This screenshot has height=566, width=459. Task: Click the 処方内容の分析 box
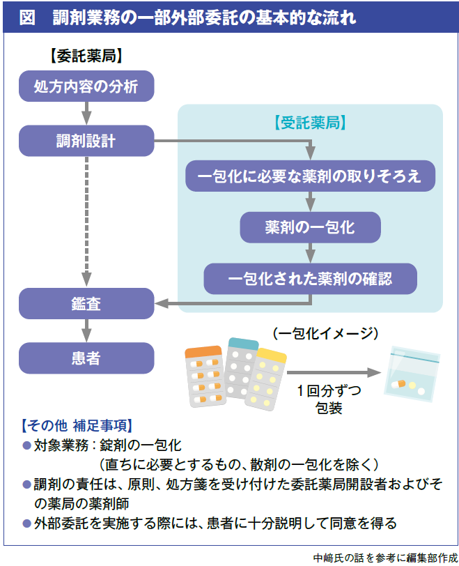(x=86, y=86)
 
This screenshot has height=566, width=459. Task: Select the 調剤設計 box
(x=86, y=141)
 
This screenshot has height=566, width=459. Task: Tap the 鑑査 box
(x=86, y=303)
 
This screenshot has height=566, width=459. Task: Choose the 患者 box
(x=86, y=358)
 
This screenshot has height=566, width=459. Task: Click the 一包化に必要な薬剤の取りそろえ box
(x=310, y=176)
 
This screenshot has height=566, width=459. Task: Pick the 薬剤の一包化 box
(x=310, y=227)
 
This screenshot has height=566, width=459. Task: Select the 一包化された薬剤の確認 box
(x=310, y=279)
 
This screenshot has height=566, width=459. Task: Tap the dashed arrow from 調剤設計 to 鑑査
(x=86, y=220)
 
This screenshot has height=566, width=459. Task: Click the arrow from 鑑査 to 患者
(x=86, y=330)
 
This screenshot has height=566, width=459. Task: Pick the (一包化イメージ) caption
(x=325, y=333)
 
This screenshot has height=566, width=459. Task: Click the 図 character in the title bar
(x=27, y=18)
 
